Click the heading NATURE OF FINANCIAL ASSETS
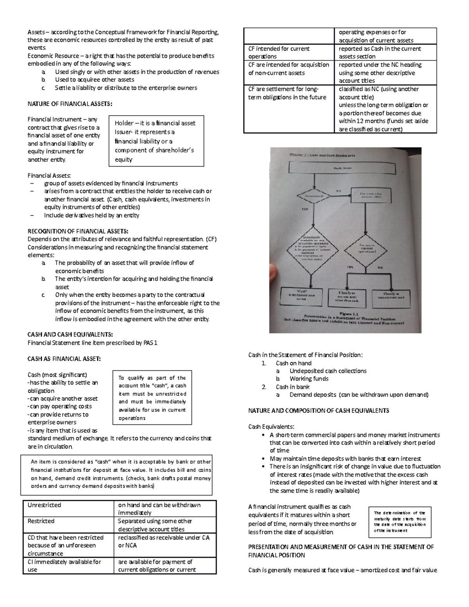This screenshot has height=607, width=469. click(x=70, y=104)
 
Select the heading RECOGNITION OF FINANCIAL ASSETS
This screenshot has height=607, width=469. click(x=78, y=231)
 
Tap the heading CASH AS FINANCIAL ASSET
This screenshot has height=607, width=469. click(x=64, y=358)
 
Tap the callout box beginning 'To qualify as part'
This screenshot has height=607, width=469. click(x=152, y=398)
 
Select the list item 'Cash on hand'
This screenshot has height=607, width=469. click(x=294, y=363)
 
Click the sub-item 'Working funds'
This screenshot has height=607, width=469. click(x=309, y=379)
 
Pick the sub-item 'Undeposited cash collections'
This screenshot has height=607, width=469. click(x=328, y=371)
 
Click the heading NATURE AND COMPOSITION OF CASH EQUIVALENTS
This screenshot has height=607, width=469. click(x=319, y=411)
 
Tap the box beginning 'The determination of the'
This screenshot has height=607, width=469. click(x=400, y=521)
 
